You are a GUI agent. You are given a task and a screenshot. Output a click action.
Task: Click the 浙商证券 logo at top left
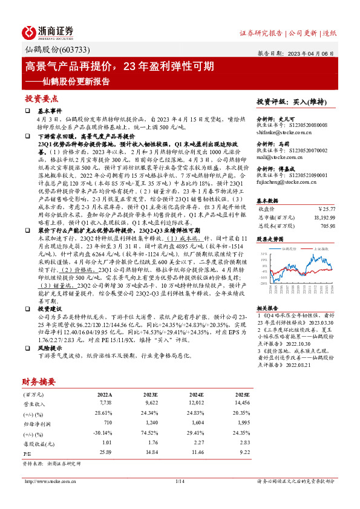point(48,32)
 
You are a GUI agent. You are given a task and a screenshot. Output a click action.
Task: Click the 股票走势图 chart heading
point(270,239)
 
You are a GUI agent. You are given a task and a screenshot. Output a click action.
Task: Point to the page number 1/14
point(180,481)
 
